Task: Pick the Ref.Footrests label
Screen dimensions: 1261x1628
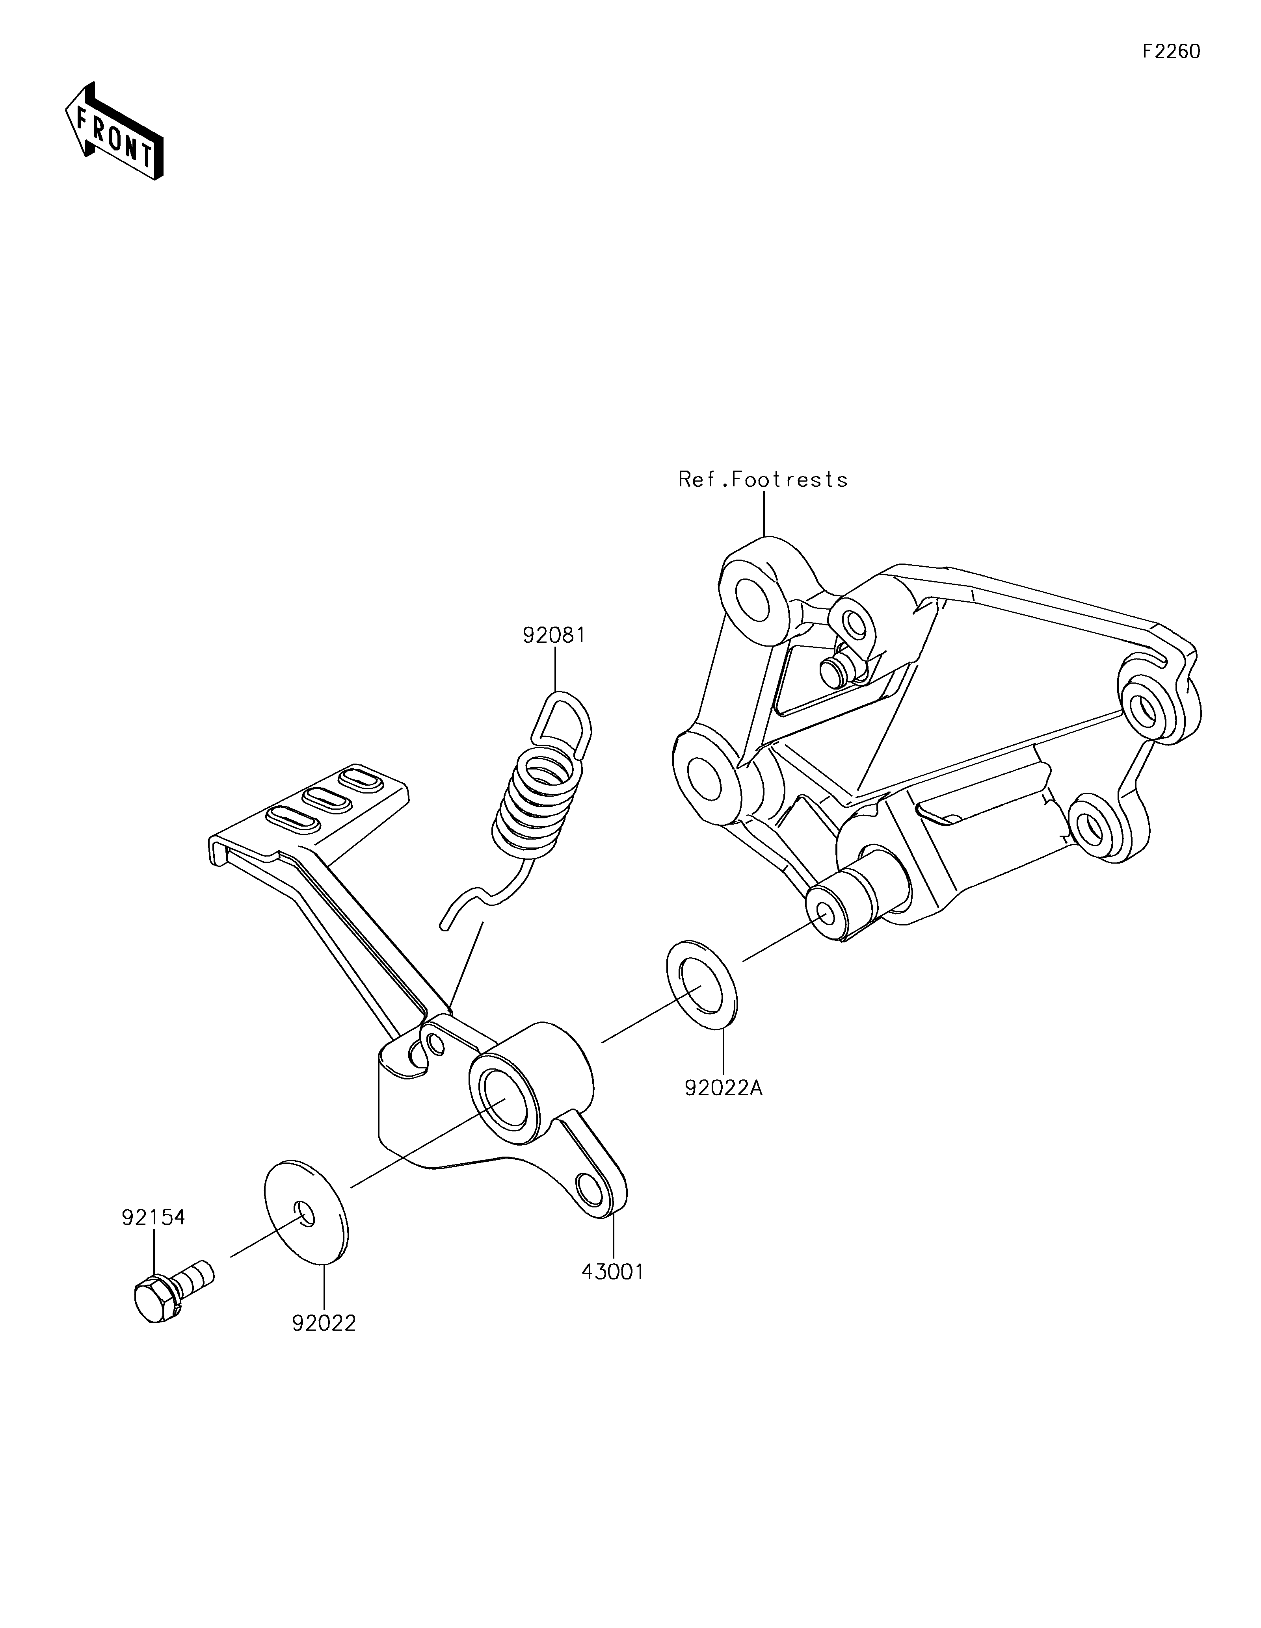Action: [x=763, y=479]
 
